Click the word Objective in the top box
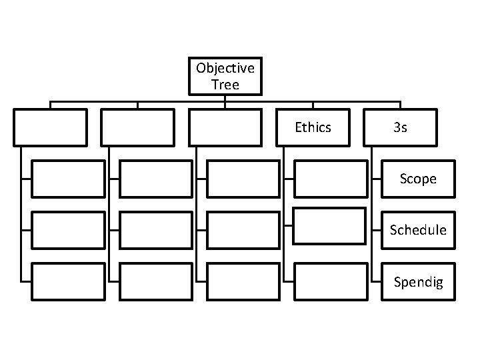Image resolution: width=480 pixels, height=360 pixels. pyautogui.click(x=225, y=68)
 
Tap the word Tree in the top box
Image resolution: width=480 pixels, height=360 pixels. pyautogui.click(x=225, y=85)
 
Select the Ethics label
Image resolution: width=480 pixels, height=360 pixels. pyautogui.click(x=313, y=127)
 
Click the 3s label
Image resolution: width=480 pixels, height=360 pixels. pyautogui.click(x=400, y=127)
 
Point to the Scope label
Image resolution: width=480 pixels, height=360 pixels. pyautogui.click(x=418, y=179)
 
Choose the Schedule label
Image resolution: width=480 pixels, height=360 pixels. pyautogui.click(x=418, y=230)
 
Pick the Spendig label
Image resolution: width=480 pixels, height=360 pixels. pyautogui.click(x=418, y=282)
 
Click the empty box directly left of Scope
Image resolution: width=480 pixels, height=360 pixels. pyautogui.click(x=330, y=179)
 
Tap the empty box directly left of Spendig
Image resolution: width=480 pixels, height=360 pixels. pyautogui.click(x=330, y=282)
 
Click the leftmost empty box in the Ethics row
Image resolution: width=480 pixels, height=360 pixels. pyautogui.click(x=51, y=127)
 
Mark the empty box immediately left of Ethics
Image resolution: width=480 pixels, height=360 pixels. pyautogui.click(x=225, y=127)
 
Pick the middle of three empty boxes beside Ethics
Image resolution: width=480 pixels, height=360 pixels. pyautogui.click(x=138, y=127)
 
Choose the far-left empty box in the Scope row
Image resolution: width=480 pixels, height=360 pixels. pyautogui.click(x=68, y=179)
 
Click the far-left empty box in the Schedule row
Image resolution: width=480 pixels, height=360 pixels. pyautogui.click(x=68, y=230)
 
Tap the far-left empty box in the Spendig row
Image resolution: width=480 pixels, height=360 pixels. pyautogui.click(x=68, y=282)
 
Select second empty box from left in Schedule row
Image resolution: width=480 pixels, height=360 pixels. pyautogui.click(x=155, y=230)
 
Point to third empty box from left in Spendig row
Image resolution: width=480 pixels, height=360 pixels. pyautogui.click(x=243, y=282)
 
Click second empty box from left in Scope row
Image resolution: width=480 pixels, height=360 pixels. pyautogui.click(x=155, y=179)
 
